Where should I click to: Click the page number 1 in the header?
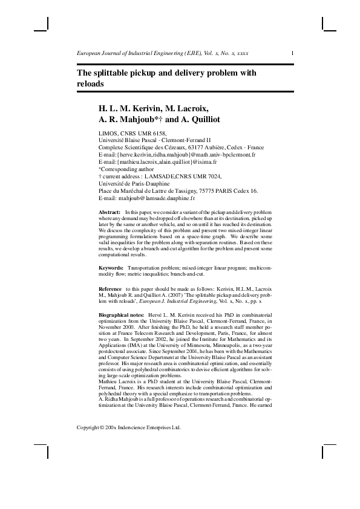tap(293, 53)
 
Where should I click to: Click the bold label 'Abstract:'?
tap(110, 213)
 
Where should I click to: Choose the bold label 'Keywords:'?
tap(112, 267)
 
